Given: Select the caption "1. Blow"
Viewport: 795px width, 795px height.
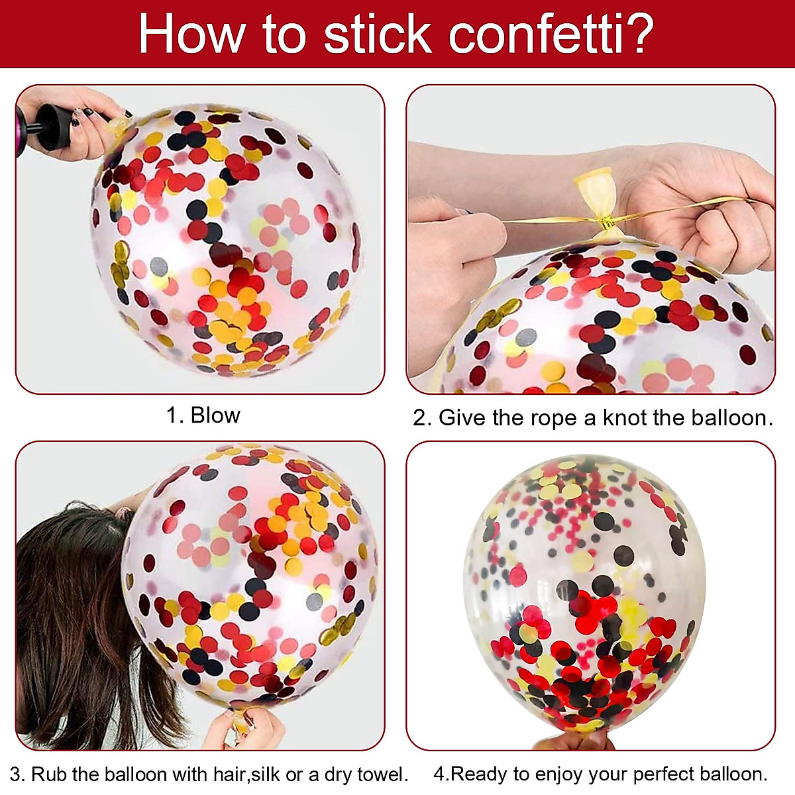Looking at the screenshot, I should [203, 415].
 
